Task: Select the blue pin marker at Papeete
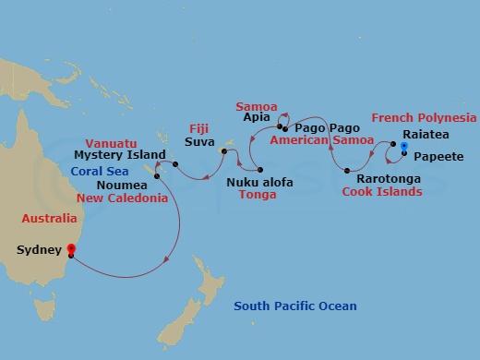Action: [x=404, y=147]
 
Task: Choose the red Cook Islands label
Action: [x=382, y=192]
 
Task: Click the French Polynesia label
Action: [x=423, y=118]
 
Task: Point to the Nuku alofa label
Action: [x=259, y=182]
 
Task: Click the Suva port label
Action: [x=199, y=144]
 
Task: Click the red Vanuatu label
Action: [x=112, y=143]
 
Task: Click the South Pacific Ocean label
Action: [x=294, y=306]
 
